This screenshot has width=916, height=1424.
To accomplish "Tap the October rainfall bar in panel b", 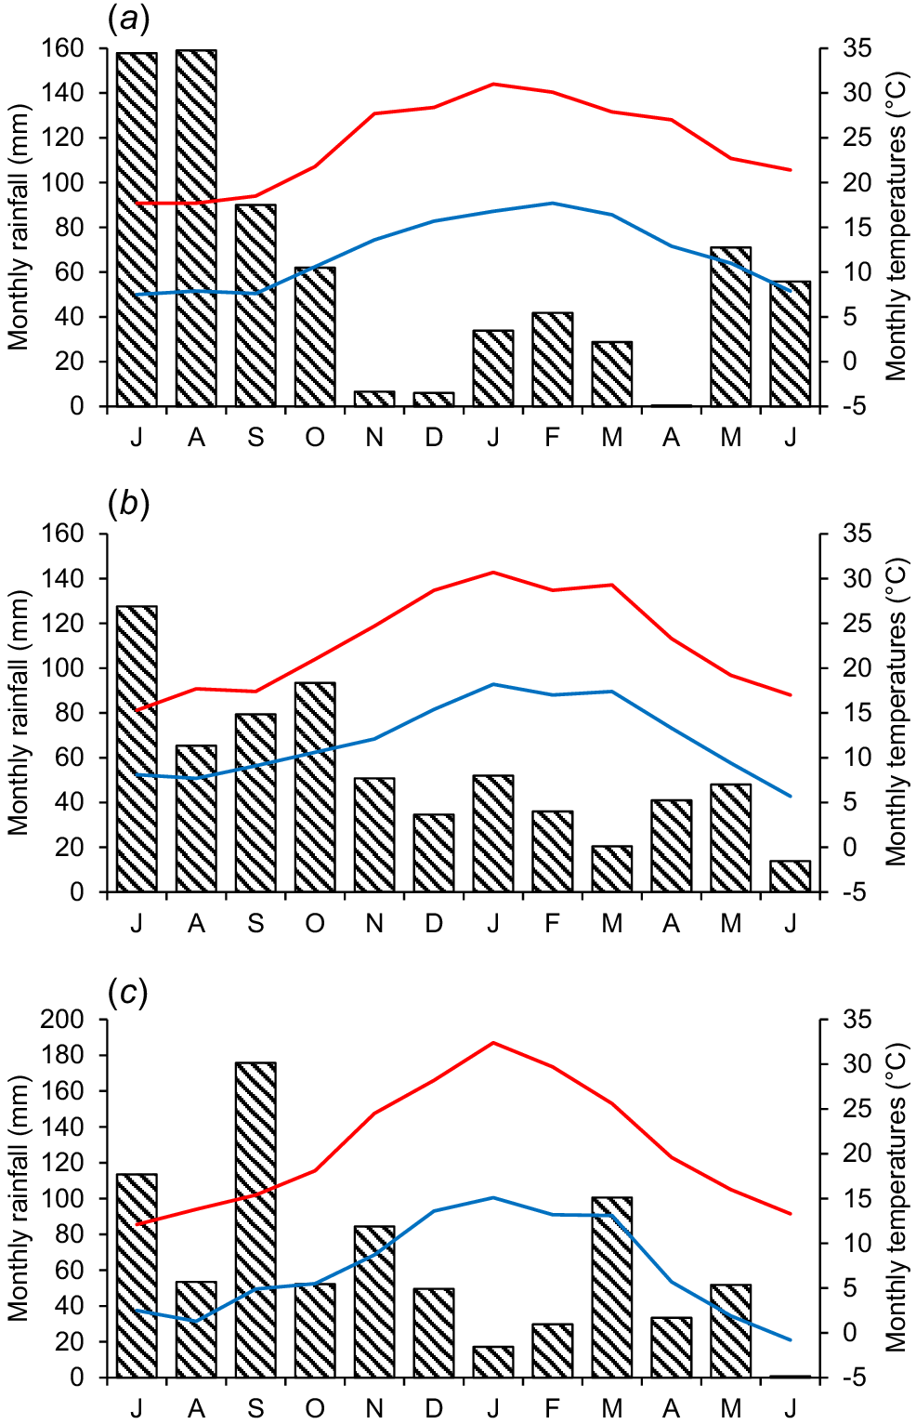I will (x=315, y=786).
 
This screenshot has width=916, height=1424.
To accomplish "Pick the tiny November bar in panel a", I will (x=374, y=399).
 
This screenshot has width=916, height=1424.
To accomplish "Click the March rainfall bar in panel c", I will (x=611, y=1287).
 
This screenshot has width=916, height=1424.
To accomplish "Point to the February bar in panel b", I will (x=553, y=850).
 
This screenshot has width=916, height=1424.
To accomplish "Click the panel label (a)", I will (x=129, y=18).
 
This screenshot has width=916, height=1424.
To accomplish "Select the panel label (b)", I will (x=129, y=504).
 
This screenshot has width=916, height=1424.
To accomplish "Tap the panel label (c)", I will (x=128, y=993).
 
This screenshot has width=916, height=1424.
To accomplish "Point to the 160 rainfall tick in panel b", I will (x=62, y=534).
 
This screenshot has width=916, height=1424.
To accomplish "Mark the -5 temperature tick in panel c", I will (x=856, y=1378).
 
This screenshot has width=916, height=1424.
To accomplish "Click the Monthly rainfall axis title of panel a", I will (x=19, y=227).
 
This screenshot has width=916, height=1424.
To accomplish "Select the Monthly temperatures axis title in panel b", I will (x=896, y=713).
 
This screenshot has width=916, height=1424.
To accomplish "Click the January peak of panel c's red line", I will (x=493, y=1043).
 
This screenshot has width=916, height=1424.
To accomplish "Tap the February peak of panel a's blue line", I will (x=553, y=203).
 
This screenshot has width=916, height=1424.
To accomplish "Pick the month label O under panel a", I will (x=315, y=438).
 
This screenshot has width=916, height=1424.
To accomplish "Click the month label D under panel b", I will (x=434, y=924).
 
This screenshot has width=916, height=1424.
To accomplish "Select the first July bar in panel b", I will (x=137, y=748).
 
